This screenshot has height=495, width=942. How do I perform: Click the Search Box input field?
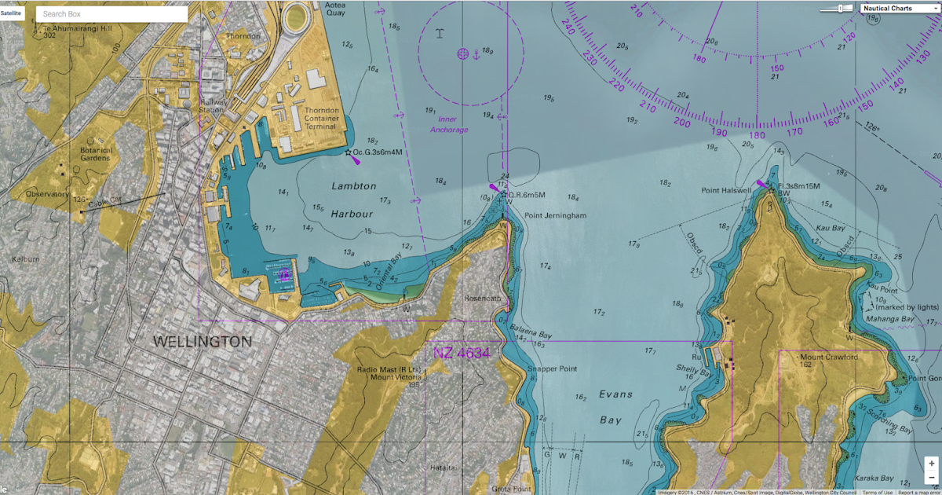point(111,14)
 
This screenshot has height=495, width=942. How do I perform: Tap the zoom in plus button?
point(930,464)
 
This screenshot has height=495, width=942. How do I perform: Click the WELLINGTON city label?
point(203,343)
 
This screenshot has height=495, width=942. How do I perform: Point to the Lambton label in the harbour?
point(353,186)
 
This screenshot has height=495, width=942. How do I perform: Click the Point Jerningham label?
point(555,215)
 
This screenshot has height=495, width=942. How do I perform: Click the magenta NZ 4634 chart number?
point(462,354)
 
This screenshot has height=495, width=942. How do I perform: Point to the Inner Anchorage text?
point(448,125)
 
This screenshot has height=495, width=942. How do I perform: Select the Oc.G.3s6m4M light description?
point(382,152)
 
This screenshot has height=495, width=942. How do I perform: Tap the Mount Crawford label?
point(829,357)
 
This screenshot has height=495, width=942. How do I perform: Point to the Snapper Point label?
point(553,368)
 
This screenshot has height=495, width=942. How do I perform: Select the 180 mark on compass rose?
point(757,134)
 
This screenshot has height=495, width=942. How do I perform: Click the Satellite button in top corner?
point(11,13)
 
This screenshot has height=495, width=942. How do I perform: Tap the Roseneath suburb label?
point(481,299)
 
